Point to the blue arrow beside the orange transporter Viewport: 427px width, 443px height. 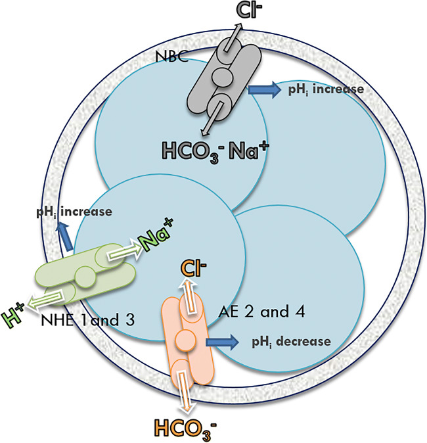tap(223, 342)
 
